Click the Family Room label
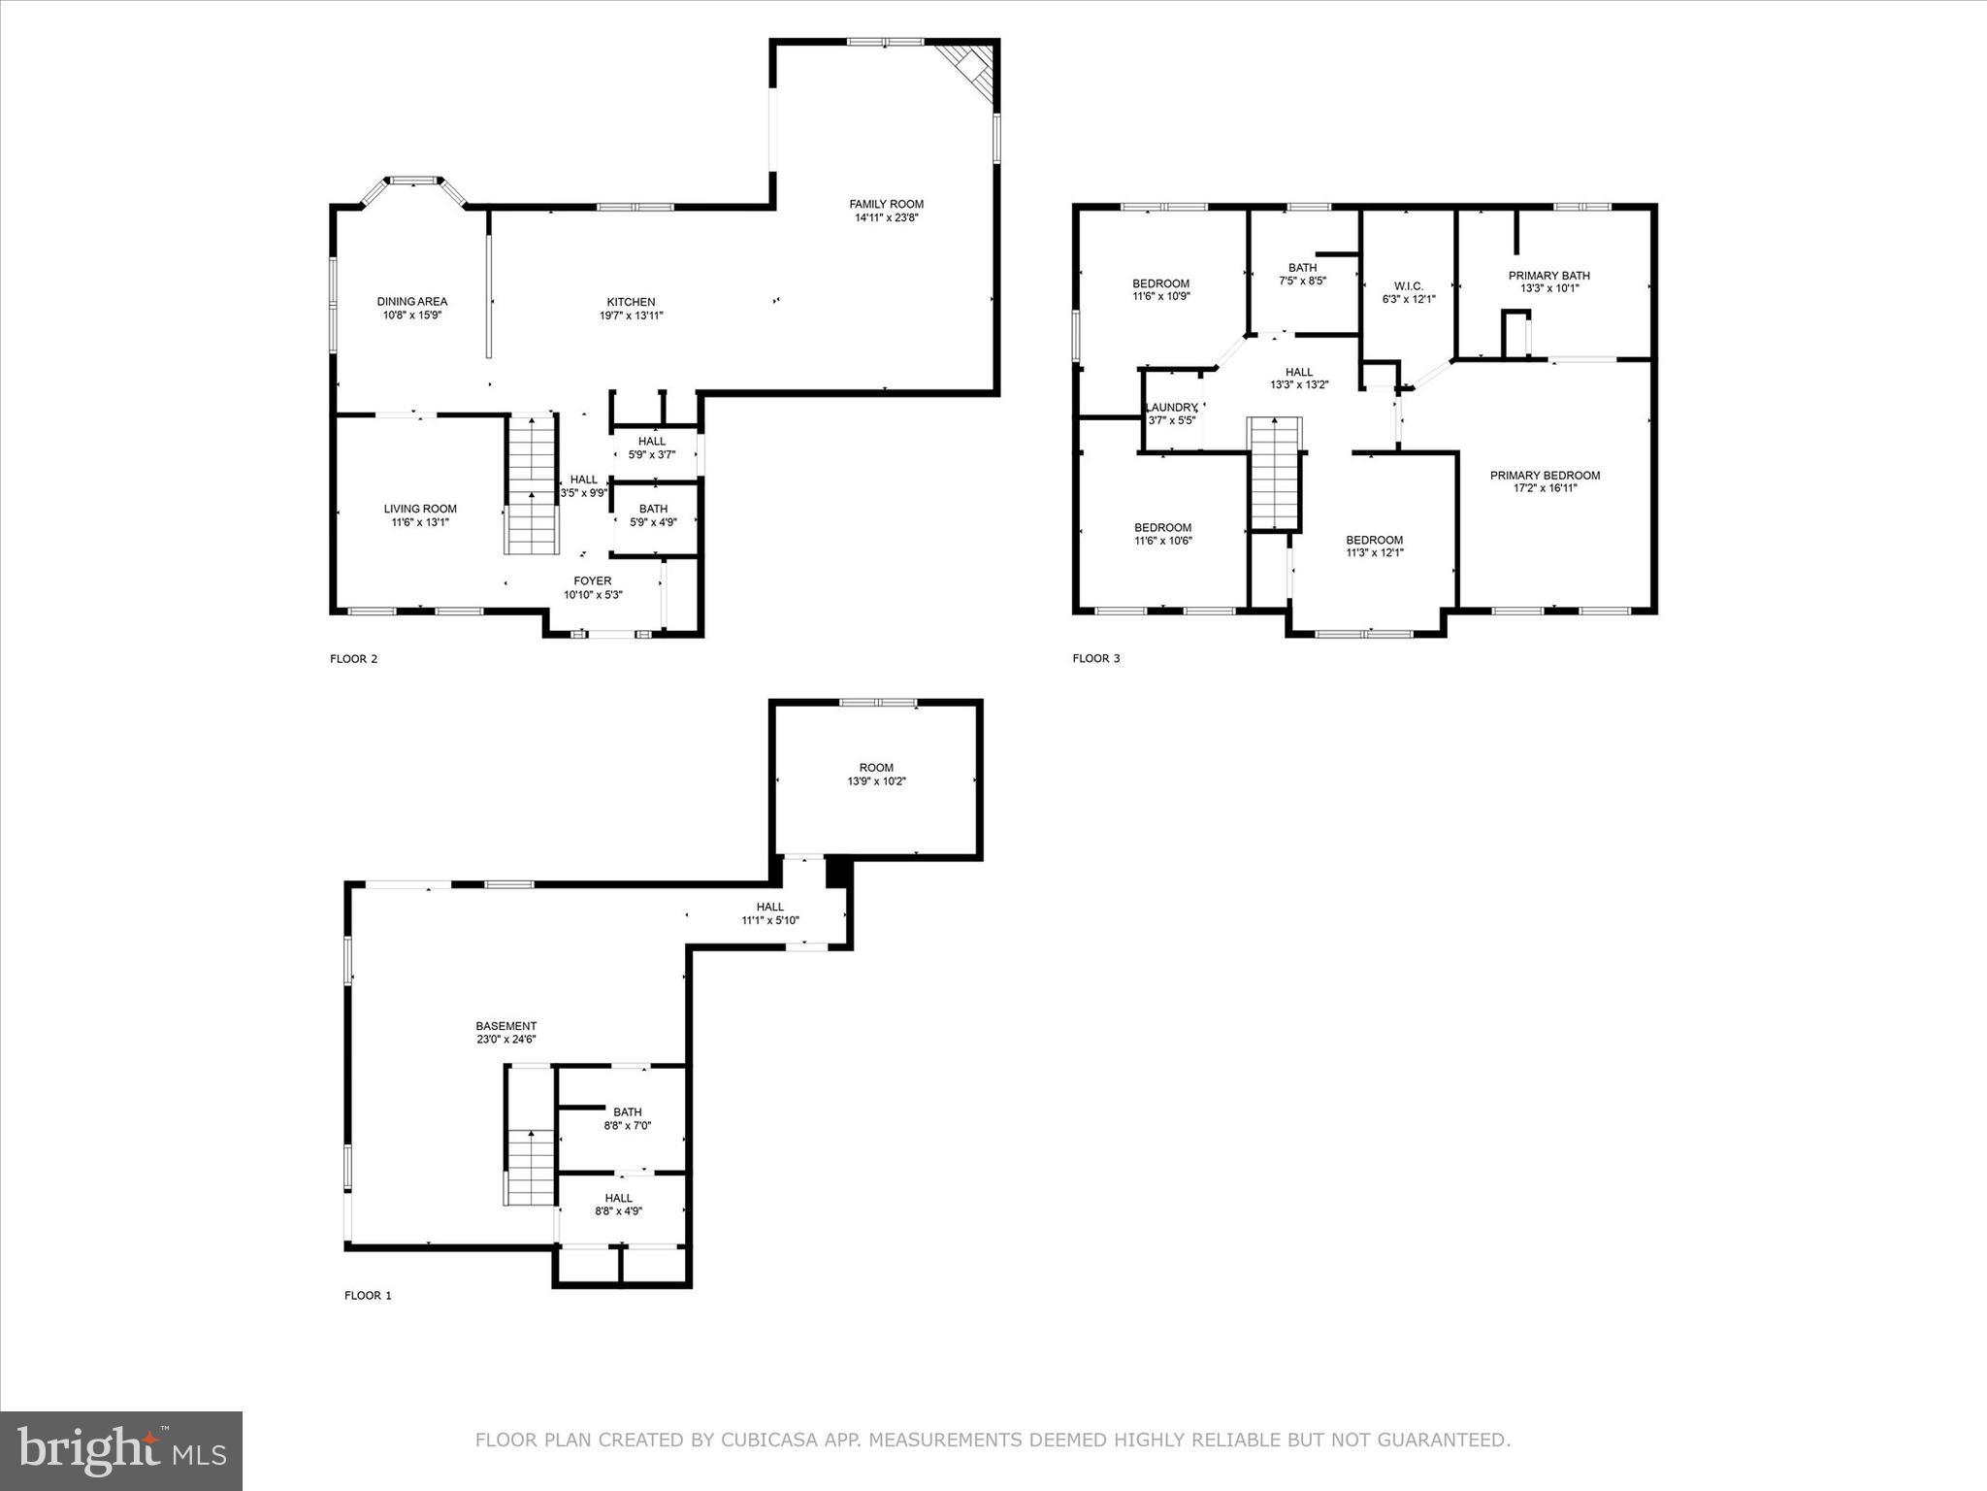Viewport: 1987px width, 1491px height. [x=886, y=204]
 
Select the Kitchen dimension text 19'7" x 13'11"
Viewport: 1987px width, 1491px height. [x=631, y=315]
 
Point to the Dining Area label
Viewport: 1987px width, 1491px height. [x=412, y=302]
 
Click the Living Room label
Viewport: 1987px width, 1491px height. [x=420, y=509]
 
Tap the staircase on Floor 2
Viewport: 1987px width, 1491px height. [x=532, y=485]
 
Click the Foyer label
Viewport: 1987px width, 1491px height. [x=592, y=581]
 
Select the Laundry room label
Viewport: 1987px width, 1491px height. [x=1171, y=408]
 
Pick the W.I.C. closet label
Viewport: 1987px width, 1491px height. [x=1408, y=286]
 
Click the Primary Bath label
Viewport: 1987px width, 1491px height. [x=1548, y=276]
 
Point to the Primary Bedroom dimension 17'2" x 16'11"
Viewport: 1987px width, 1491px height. [x=1545, y=488]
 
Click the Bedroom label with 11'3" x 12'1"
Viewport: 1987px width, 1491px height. [x=1374, y=541]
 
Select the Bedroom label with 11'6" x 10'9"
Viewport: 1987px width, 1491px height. [x=1160, y=283]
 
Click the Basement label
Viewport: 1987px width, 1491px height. [x=505, y=1026]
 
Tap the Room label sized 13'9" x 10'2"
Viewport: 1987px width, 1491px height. [x=876, y=768]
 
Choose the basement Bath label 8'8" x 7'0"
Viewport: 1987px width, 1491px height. [x=627, y=1112]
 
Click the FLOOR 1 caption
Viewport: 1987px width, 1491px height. [x=368, y=1295]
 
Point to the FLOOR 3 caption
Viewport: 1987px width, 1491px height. [x=1095, y=658]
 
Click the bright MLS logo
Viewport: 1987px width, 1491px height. [x=121, y=1450]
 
